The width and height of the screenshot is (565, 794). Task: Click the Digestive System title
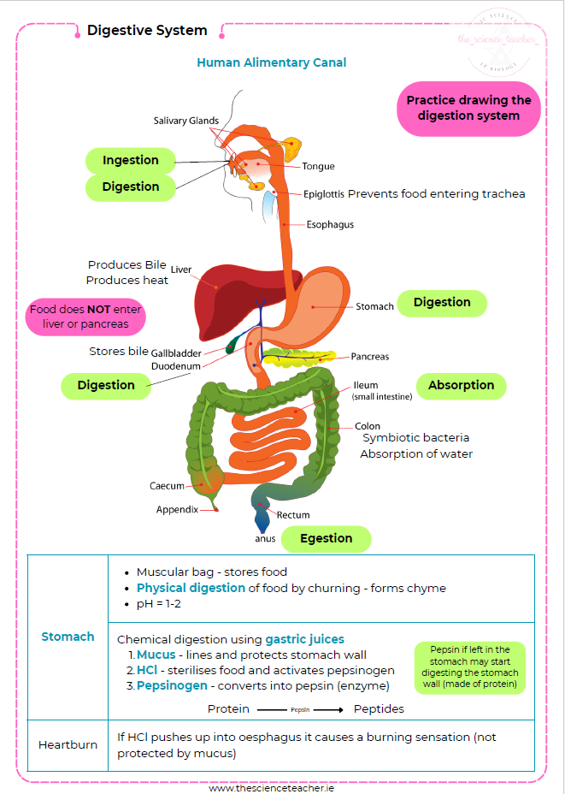(x=147, y=31)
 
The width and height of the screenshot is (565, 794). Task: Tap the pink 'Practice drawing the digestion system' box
(x=468, y=108)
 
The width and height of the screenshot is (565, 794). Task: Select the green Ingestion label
(x=131, y=161)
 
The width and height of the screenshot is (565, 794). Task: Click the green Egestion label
(x=326, y=539)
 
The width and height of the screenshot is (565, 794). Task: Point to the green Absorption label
(x=461, y=386)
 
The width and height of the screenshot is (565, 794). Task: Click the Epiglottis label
(x=324, y=194)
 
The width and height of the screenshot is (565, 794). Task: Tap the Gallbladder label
(x=177, y=353)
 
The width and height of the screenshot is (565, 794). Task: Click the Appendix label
(x=177, y=510)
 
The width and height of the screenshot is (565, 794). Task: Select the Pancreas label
(x=369, y=357)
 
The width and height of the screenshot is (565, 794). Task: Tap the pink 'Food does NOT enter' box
(x=85, y=317)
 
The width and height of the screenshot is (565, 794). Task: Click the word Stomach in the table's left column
(x=68, y=637)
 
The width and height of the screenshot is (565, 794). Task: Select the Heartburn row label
(x=68, y=744)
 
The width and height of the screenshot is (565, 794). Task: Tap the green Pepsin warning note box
(x=470, y=667)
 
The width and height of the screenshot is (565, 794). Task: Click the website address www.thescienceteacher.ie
(x=283, y=788)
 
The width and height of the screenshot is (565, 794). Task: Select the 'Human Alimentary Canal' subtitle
(x=271, y=62)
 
